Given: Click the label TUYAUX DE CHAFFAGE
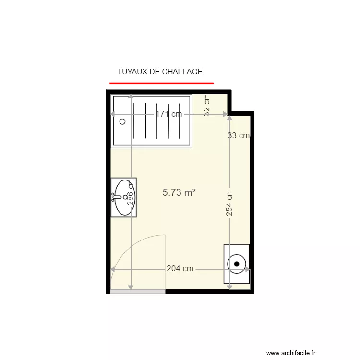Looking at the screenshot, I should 159,72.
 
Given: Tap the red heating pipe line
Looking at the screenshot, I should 161,83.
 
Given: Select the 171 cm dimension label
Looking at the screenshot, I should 168,114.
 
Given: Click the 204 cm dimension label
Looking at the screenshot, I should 180,269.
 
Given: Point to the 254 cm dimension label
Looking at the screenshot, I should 229,203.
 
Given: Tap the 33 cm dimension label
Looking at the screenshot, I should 239,135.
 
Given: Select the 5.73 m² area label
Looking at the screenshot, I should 179,192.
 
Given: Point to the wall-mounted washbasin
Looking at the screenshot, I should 124,197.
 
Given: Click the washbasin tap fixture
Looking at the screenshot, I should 116,196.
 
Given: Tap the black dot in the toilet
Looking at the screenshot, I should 237,264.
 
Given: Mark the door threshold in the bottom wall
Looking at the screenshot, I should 138,291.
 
